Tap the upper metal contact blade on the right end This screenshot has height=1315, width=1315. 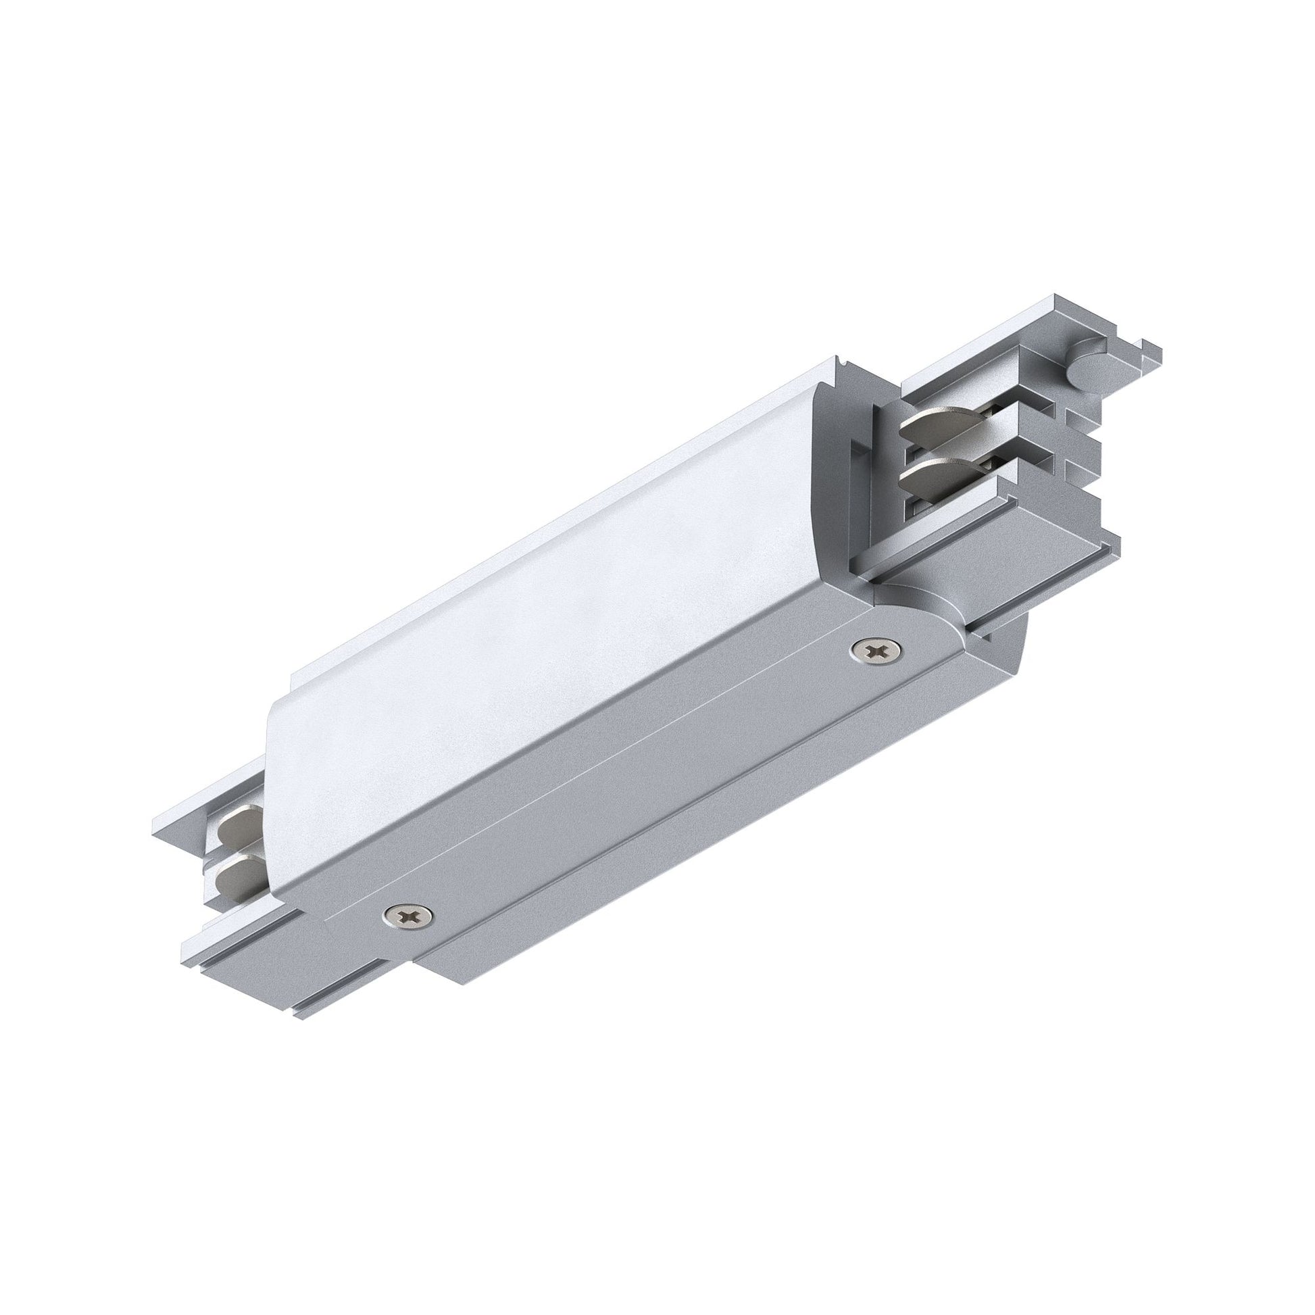click(x=926, y=428)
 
